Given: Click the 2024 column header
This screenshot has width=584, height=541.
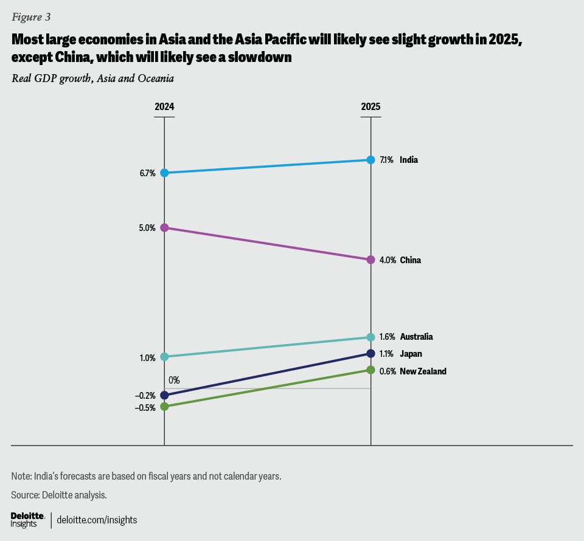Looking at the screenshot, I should [x=164, y=106].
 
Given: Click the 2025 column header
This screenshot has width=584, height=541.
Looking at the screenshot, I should [x=370, y=106].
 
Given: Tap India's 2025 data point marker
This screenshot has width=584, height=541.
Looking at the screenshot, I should [x=371, y=160].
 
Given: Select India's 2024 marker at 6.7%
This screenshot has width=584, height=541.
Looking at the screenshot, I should [x=164, y=173].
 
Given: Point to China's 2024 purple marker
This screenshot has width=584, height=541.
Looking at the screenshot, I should [x=164, y=227].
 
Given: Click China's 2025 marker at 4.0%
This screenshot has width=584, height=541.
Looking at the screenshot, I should [x=371, y=260].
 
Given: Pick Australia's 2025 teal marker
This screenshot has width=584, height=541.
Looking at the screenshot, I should [x=371, y=337].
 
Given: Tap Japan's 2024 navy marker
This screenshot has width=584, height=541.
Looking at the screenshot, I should [x=164, y=395].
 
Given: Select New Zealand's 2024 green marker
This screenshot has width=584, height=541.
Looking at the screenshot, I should [x=164, y=406].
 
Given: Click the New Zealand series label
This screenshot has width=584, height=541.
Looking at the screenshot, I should [x=423, y=371].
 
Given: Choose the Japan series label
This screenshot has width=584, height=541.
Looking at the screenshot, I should [x=411, y=354].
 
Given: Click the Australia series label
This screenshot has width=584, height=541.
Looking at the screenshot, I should [x=416, y=337].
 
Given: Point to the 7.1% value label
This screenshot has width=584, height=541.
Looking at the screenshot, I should [x=386, y=160].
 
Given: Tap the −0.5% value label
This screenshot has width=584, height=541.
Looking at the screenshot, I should [x=145, y=408].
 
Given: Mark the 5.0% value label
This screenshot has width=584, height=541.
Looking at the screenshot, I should [x=147, y=228].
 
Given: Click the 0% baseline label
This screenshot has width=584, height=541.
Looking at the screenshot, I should [x=174, y=381].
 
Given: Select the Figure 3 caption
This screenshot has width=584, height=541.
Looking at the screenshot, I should [x=31, y=17].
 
